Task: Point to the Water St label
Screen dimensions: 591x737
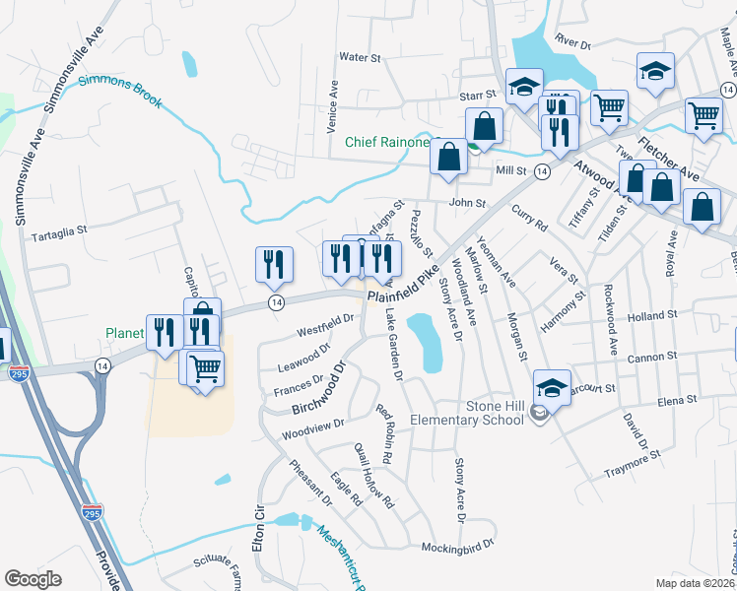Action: coord(360,58)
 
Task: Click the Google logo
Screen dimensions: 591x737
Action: coord(33,579)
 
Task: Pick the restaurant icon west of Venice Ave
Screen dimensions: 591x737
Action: coord(273,263)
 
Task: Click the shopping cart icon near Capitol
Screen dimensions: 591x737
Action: coord(205,369)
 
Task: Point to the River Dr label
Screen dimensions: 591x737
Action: coord(571,44)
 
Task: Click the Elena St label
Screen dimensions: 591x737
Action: coord(677,400)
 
